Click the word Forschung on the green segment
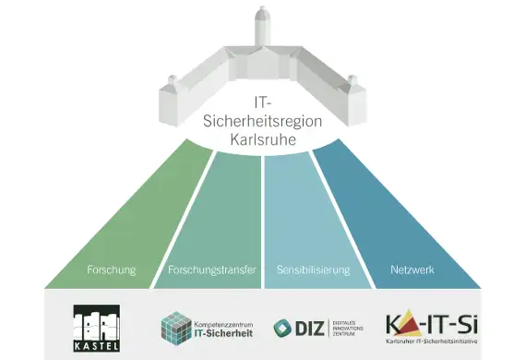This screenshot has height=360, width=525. tap(111, 270)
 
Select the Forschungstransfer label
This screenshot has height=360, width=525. tap(211, 270)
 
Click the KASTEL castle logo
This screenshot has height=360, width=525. tap(96, 322)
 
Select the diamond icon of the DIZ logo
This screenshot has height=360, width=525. tap(281, 328)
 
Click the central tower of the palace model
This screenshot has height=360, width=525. tap(262, 28)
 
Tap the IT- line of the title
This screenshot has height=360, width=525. tap(262, 102)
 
